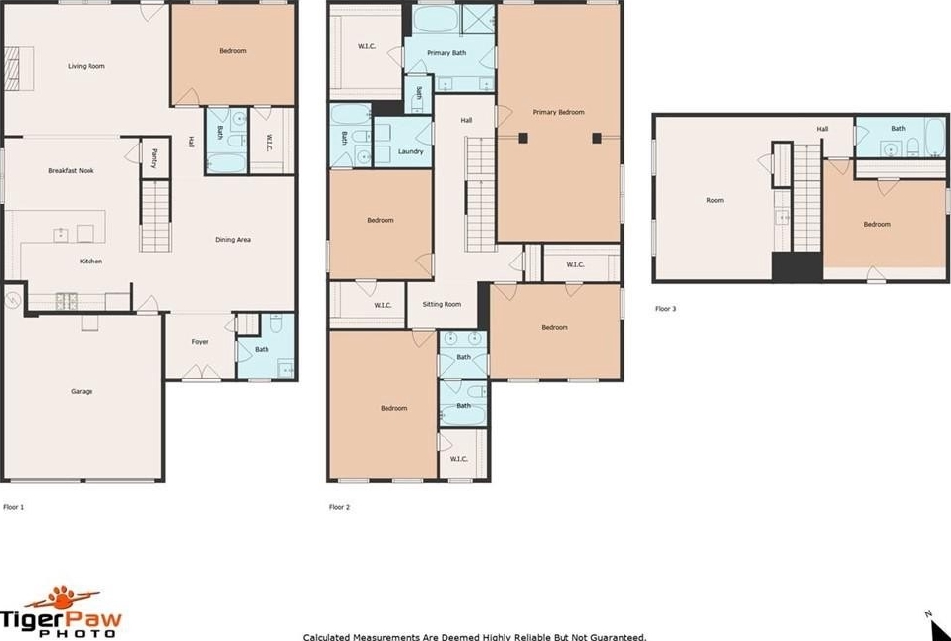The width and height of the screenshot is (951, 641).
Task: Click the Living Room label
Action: click(87, 66)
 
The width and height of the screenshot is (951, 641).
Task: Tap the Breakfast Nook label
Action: click(71, 171)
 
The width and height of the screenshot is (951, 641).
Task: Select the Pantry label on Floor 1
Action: click(154, 158)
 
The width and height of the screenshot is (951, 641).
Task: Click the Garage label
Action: click(82, 391)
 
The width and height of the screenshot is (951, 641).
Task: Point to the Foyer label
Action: click(200, 342)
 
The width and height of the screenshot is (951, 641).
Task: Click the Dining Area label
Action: click(233, 240)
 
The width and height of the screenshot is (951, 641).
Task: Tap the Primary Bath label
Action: click(446, 53)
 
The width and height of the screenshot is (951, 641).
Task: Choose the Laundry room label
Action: click(411, 151)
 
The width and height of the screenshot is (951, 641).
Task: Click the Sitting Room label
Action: click(442, 305)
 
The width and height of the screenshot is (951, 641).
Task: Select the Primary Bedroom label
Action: click(559, 112)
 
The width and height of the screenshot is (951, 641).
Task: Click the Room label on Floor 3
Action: click(715, 200)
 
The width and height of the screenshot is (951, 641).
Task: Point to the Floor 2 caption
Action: click(339, 507)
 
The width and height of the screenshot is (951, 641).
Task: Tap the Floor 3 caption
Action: click(666, 309)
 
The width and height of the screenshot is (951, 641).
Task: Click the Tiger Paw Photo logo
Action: click(61, 612)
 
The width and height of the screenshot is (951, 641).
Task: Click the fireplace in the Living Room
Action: click(19, 69)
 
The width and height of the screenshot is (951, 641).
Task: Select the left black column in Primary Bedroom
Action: click(523, 138)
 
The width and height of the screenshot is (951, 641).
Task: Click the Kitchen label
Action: click(91, 262)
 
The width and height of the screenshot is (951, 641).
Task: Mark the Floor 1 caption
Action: click(14, 507)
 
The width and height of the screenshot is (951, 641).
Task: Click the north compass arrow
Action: click(939, 628)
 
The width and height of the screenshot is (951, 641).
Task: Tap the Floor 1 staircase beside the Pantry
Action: click(155, 215)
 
